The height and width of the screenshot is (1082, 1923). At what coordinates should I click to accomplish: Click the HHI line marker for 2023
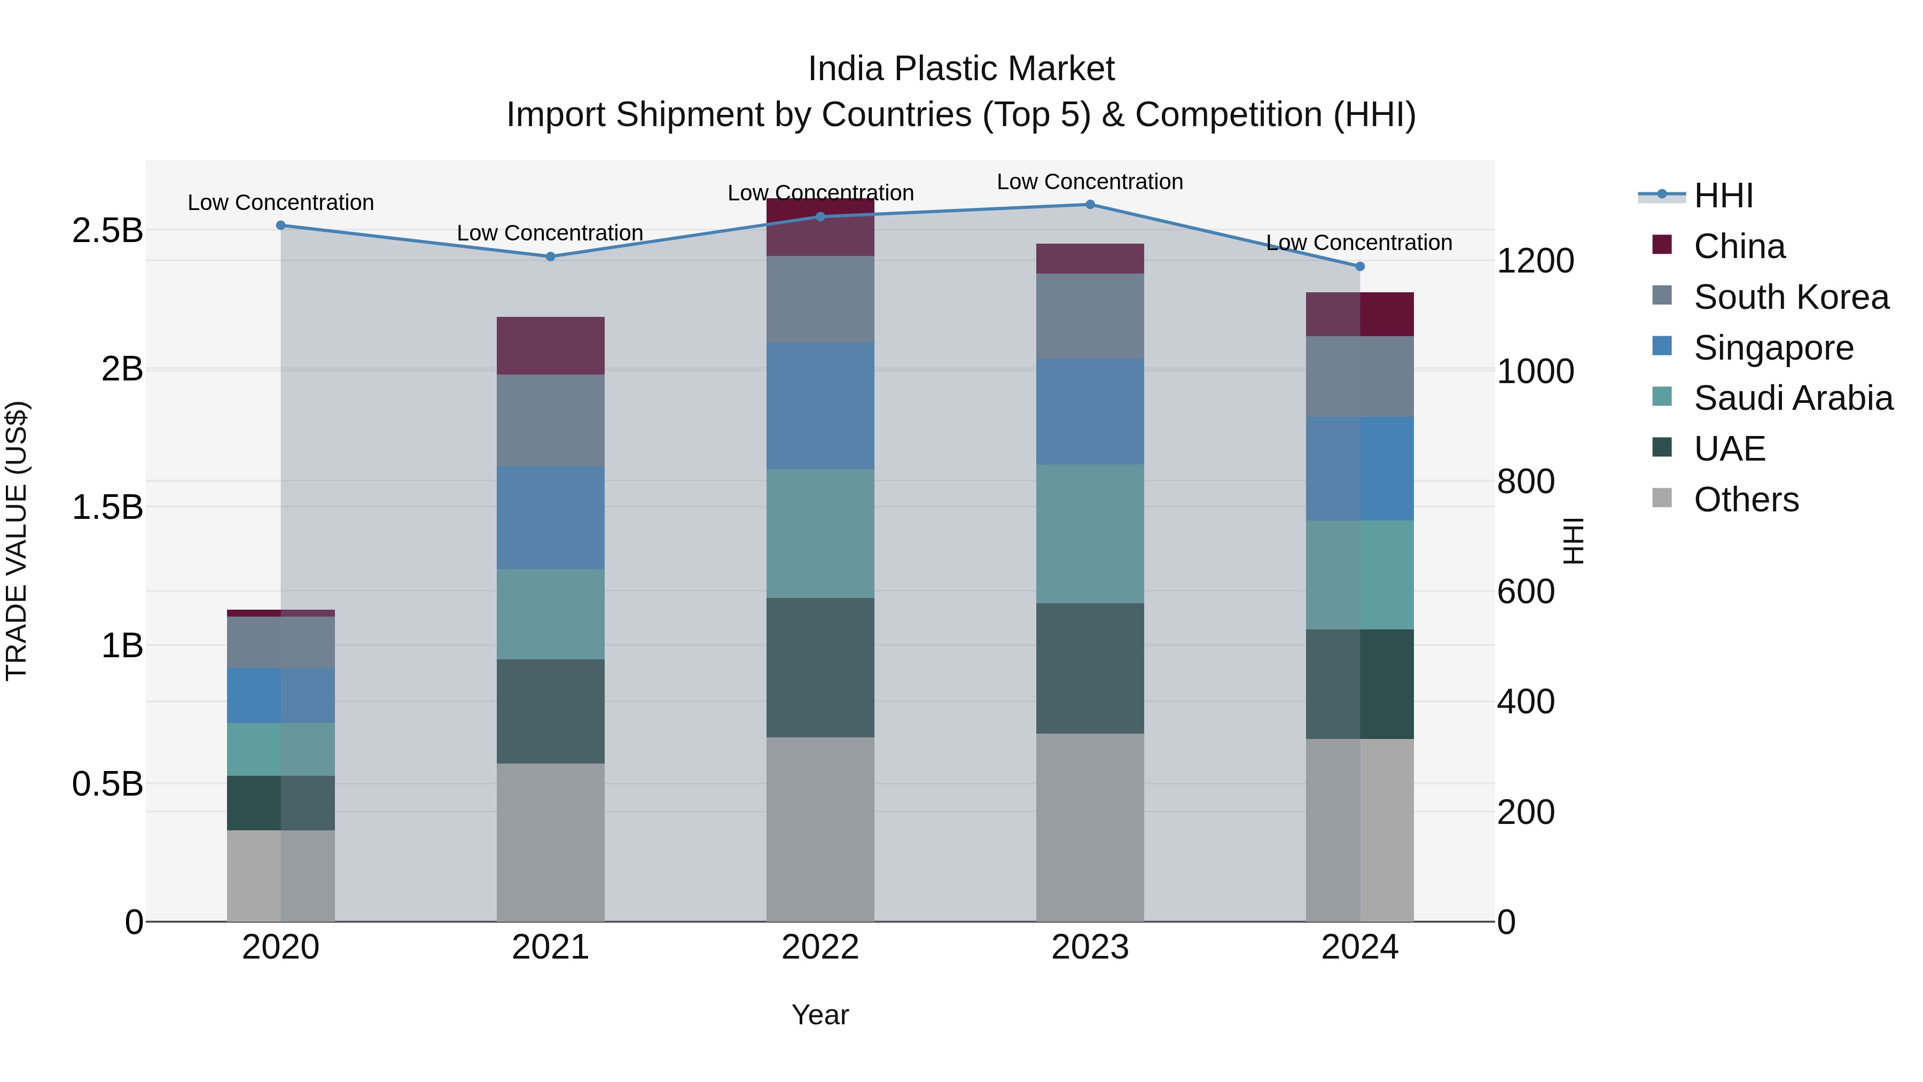tap(1089, 205)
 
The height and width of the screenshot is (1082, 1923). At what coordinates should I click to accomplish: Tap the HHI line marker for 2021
tap(550, 256)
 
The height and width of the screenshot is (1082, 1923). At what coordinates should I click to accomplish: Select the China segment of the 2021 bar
tap(550, 346)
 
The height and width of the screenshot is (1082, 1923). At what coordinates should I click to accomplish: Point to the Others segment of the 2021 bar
tap(550, 842)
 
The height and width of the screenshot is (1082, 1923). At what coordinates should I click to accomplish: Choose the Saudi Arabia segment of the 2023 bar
tap(1089, 533)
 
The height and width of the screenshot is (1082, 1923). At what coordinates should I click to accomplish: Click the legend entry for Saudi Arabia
tap(1792, 398)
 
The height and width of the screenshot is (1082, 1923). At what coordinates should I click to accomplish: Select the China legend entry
tap(1739, 246)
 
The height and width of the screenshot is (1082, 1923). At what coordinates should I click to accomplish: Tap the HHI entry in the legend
tap(1722, 196)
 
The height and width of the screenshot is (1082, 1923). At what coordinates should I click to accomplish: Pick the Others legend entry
tap(1745, 500)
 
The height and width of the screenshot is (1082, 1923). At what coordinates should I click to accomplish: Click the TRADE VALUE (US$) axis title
tap(17, 541)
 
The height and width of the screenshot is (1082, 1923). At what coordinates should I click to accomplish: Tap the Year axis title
tap(819, 1015)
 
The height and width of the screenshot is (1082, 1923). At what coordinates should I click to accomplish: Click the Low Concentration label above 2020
tap(280, 203)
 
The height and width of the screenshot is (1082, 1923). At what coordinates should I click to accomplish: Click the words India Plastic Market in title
tap(961, 69)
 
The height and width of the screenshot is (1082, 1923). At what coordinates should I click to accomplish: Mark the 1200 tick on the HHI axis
tap(1535, 261)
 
